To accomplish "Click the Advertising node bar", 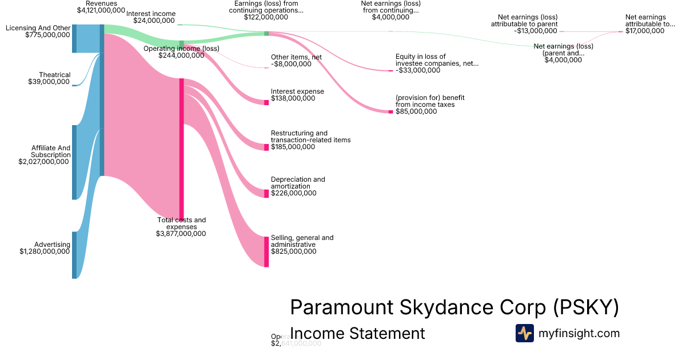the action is [x=74, y=255].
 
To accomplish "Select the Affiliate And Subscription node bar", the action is [x=74, y=162].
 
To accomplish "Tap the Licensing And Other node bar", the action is [x=74, y=38].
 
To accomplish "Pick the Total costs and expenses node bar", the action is [x=182, y=149].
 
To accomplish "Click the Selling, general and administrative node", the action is [x=266, y=251].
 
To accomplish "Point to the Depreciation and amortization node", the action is [x=266, y=193].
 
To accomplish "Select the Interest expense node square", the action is [x=266, y=102].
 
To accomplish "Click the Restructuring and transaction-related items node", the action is [x=266, y=147].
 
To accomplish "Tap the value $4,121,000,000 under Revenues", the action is [x=101, y=10].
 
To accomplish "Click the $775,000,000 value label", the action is [x=48, y=35].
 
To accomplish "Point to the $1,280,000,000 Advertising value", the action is [x=45, y=251].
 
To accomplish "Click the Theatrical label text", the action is [x=54, y=75].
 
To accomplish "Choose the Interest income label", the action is [x=151, y=14].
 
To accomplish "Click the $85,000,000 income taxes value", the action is [x=416, y=111].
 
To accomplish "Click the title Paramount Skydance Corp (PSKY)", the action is [x=454, y=307].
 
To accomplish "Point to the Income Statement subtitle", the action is [x=357, y=333].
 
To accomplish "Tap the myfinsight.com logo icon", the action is [x=524, y=333].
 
